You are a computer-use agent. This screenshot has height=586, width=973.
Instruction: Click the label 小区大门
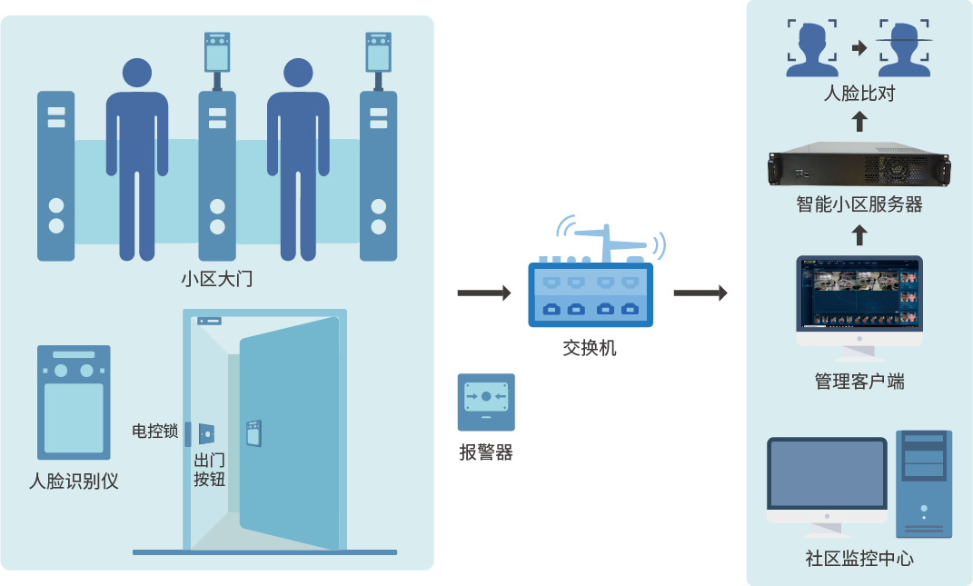pyautogui.click(x=216, y=279)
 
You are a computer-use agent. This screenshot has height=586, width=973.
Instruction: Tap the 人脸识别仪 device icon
pyautogui.click(x=74, y=402)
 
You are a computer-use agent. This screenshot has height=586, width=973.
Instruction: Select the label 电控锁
pyautogui.click(x=154, y=431)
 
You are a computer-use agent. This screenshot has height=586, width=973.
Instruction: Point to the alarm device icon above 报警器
pyautogui.click(x=486, y=402)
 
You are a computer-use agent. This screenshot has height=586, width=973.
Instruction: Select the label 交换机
pyautogui.click(x=590, y=347)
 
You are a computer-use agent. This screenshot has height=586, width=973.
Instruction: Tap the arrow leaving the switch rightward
pyautogui.click(x=700, y=293)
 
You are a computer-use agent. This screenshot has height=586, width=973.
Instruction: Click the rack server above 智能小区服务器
pyautogui.click(x=859, y=165)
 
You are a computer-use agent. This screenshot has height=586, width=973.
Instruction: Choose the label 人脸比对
pyautogui.click(x=859, y=93)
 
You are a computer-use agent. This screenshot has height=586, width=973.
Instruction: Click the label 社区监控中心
pyautogui.click(x=859, y=558)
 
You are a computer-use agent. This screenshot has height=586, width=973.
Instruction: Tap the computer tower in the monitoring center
pyautogui.click(x=924, y=483)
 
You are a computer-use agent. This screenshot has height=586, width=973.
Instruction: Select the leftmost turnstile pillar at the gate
pyautogui.click(x=55, y=175)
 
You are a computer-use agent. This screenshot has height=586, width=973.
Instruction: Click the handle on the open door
pyautogui.click(x=253, y=431)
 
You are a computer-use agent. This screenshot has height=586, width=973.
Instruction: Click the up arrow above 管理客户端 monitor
pyautogui.click(x=859, y=235)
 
